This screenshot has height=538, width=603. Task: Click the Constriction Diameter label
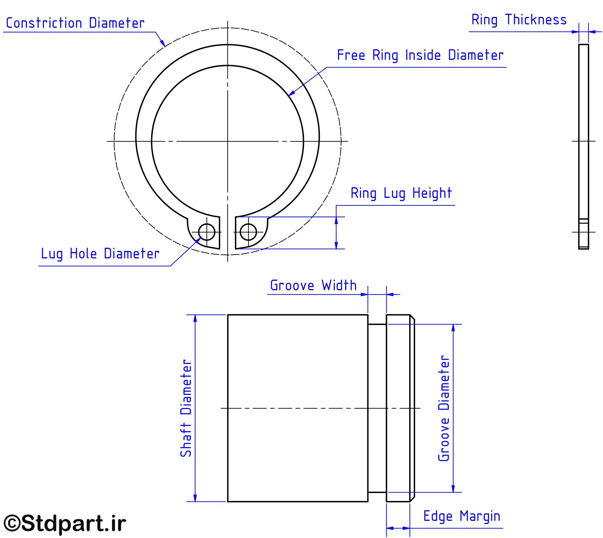[x=75, y=23]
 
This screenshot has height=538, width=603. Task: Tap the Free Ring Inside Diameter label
[x=420, y=55]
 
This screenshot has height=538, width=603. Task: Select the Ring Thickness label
[x=519, y=20]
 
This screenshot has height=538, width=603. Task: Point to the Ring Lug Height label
[x=401, y=193]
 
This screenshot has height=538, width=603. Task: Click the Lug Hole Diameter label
[x=100, y=254]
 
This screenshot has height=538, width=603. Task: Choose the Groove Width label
[x=313, y=285]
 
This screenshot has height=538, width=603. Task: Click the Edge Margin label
[x=462, y=516]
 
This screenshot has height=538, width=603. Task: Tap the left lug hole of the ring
[x=207, y=232]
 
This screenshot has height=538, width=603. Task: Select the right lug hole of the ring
[x=248, y=232]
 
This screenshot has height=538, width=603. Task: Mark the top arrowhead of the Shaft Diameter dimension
[x=195, y=319]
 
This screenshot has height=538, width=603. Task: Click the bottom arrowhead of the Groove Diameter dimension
[x=453, y=488]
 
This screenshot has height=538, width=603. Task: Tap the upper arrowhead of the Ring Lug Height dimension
[x=336, y=220]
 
